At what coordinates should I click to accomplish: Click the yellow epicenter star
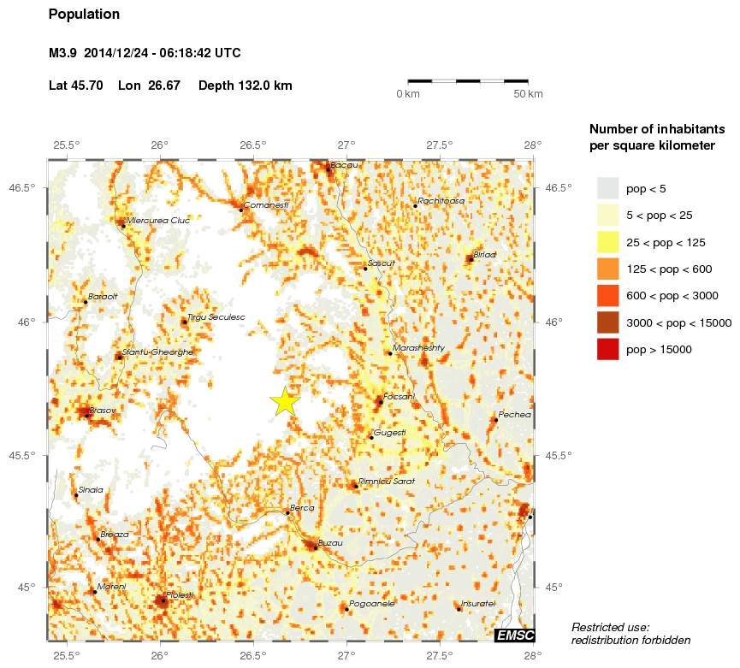pyautogui.click(x=286, y=400)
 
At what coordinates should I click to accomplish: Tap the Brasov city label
pyautogui.click(x=103, y=411)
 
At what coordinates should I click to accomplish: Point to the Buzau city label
pyautogui.click(x=330, y=543)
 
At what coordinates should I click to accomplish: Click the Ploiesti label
pyautogui.click(x=180, y=594)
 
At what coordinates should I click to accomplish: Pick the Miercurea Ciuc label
pyautogui.click(x=157, y=220)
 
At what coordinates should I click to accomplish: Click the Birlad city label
pyautogui.click(x=484, y=254)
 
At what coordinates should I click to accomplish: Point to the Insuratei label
pyautogui.click(x=478, y=604)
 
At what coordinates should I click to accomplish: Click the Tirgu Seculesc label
pyautogui.click(x=216, y=317)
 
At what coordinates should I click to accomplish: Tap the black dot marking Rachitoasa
pyautogui.click(x=415, y=206)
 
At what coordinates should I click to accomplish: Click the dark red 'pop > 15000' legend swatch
pyautogui.click(x=607, y=349)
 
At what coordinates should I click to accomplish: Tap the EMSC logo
pyautogui.click(x=514, y=634)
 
